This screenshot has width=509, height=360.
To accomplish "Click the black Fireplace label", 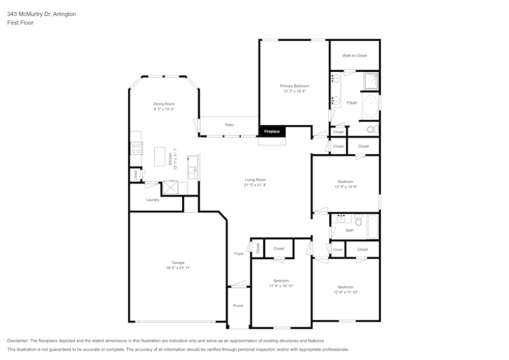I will click(x=272, y=131).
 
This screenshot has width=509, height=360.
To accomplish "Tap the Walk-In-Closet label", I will click(x=354, y=56).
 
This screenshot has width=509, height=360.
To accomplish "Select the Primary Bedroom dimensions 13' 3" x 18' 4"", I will click(x=294, y=92).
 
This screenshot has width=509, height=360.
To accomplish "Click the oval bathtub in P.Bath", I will click(x=370, y=106).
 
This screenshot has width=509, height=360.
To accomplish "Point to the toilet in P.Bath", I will click(x=371, y=129).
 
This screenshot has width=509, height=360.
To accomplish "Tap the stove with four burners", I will click(x=136, y=148).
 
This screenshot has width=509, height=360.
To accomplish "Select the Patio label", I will click(x=230, y=125).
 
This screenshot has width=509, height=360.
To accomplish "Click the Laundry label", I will click(x=153, y=200).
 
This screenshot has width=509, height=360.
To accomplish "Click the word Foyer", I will click(x=239, y=254).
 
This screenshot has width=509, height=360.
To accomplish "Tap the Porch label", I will click(x=238, y=306).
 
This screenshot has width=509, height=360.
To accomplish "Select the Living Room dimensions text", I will click(x=255, y=185).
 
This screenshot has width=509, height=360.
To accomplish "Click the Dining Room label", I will click(x=164, y=104).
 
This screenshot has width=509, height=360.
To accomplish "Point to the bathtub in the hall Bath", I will click(x=373, y=227).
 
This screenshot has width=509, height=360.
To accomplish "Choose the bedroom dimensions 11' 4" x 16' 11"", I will click(x=281, y=286).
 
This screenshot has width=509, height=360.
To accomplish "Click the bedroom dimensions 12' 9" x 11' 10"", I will click(x=346, y=292).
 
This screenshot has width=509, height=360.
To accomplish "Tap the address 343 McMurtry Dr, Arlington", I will click(x=42, y=14).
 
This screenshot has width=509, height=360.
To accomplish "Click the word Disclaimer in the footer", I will click(x=18, y=341).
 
